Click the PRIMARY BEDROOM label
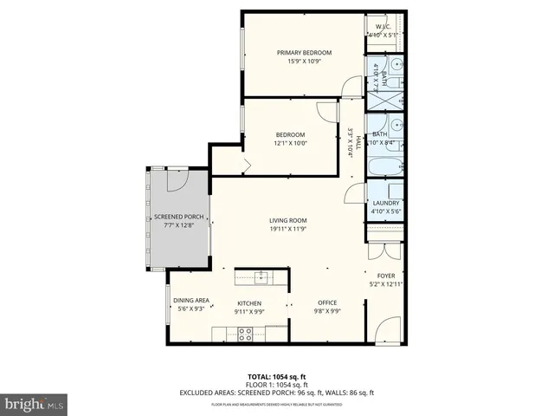(x=298, y=53)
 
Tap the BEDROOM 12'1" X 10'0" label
(x=290, y=134)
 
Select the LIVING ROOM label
(x=287, y=220)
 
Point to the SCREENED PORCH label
(x=179, y=217)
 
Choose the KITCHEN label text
(x=249, y=303)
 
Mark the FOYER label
(x=385, y=276)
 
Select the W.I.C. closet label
(x=383, y=28)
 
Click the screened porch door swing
(x=176, y=180)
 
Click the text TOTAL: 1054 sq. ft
(x=276, y=376)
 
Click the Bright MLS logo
(x=35, y=404)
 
